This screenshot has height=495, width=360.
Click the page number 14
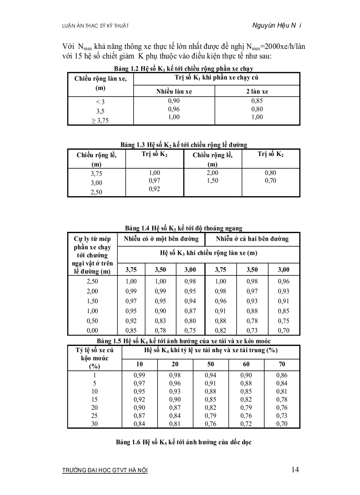[x=295, y=469]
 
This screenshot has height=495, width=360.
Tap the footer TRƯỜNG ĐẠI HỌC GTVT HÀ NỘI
[x=105, y=471]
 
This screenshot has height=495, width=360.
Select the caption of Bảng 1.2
[x=183, y=69]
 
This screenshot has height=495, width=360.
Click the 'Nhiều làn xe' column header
[x=174, y=92]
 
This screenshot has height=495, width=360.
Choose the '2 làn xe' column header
[x=257, y=92]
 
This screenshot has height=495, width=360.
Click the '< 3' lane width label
[x=101, y=102]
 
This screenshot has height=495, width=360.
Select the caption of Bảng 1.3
[x=184, y=145]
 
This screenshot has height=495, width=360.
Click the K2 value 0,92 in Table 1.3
[x=154, y=189]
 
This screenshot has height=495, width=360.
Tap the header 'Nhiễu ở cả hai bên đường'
[x=252, y=239]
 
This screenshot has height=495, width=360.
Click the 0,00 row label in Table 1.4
[x=93, y=331]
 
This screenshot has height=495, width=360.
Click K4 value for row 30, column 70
[x=281, y=424]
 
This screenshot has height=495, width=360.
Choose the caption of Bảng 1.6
[x=184, y=442]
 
